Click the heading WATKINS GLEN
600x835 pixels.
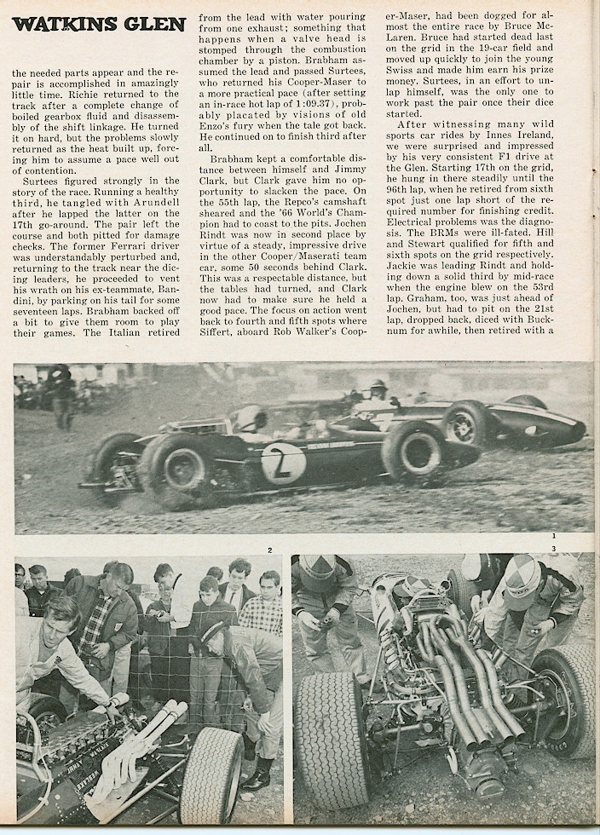pyautogui.click(x=98, y=24)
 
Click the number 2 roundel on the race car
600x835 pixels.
pyautogui.click(x=283, y=464)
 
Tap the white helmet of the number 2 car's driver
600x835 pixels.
pyautogui.click(x=249, y=417)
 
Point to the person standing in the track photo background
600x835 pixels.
pyautogui.click(x=61, y=394)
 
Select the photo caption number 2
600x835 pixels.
pyautogui.click(x=270, y=550)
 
